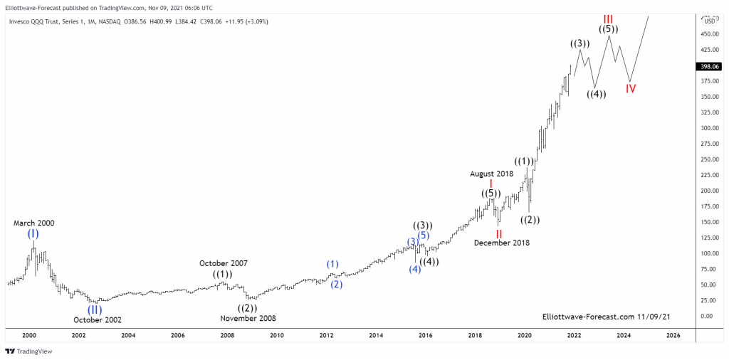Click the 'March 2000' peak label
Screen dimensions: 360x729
point(33,223)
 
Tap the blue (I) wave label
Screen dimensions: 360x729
point(33,234)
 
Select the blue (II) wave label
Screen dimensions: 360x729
point(95,309)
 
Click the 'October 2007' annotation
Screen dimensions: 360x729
point(223,263)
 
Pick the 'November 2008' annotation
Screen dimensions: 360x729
point(248,319)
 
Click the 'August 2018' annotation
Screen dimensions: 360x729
point(491,174)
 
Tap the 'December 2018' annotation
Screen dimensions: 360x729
point(501,243)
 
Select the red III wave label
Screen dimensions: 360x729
point(609,18)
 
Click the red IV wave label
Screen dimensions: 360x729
point(631,89)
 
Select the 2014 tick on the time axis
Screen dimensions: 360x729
point(376,334)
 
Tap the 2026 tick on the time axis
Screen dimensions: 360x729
point(673,334)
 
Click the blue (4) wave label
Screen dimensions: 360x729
point(414,269)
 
